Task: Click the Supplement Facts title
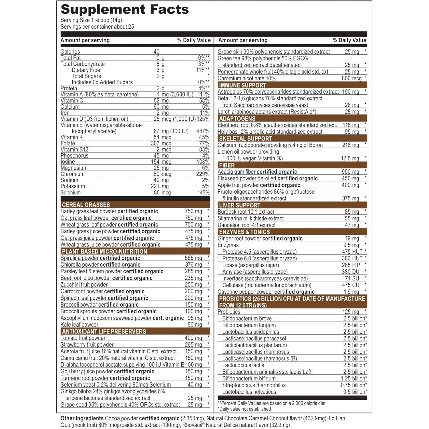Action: [125, 9]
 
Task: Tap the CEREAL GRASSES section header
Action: [86, 205]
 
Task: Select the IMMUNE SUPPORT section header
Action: [243, 85]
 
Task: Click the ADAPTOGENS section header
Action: [237, 119]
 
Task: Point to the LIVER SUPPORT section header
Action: [240, 205]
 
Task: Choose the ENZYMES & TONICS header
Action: [244, 232]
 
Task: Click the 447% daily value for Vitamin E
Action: [203, 131]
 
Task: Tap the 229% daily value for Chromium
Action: [203, 174]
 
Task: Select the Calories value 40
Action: [156, 52]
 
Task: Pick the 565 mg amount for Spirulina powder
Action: [193, 258]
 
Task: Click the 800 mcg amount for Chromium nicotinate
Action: [351, 78]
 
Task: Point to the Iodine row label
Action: [68, 162]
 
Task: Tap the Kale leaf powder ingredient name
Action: [80, 325]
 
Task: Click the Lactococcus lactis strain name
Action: [243, 365]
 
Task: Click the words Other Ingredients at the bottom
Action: [82, 418]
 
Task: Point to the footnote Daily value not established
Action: [245, 409]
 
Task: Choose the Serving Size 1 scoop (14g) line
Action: [91, 20]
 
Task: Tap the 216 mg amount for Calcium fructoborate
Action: [350, 145]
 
